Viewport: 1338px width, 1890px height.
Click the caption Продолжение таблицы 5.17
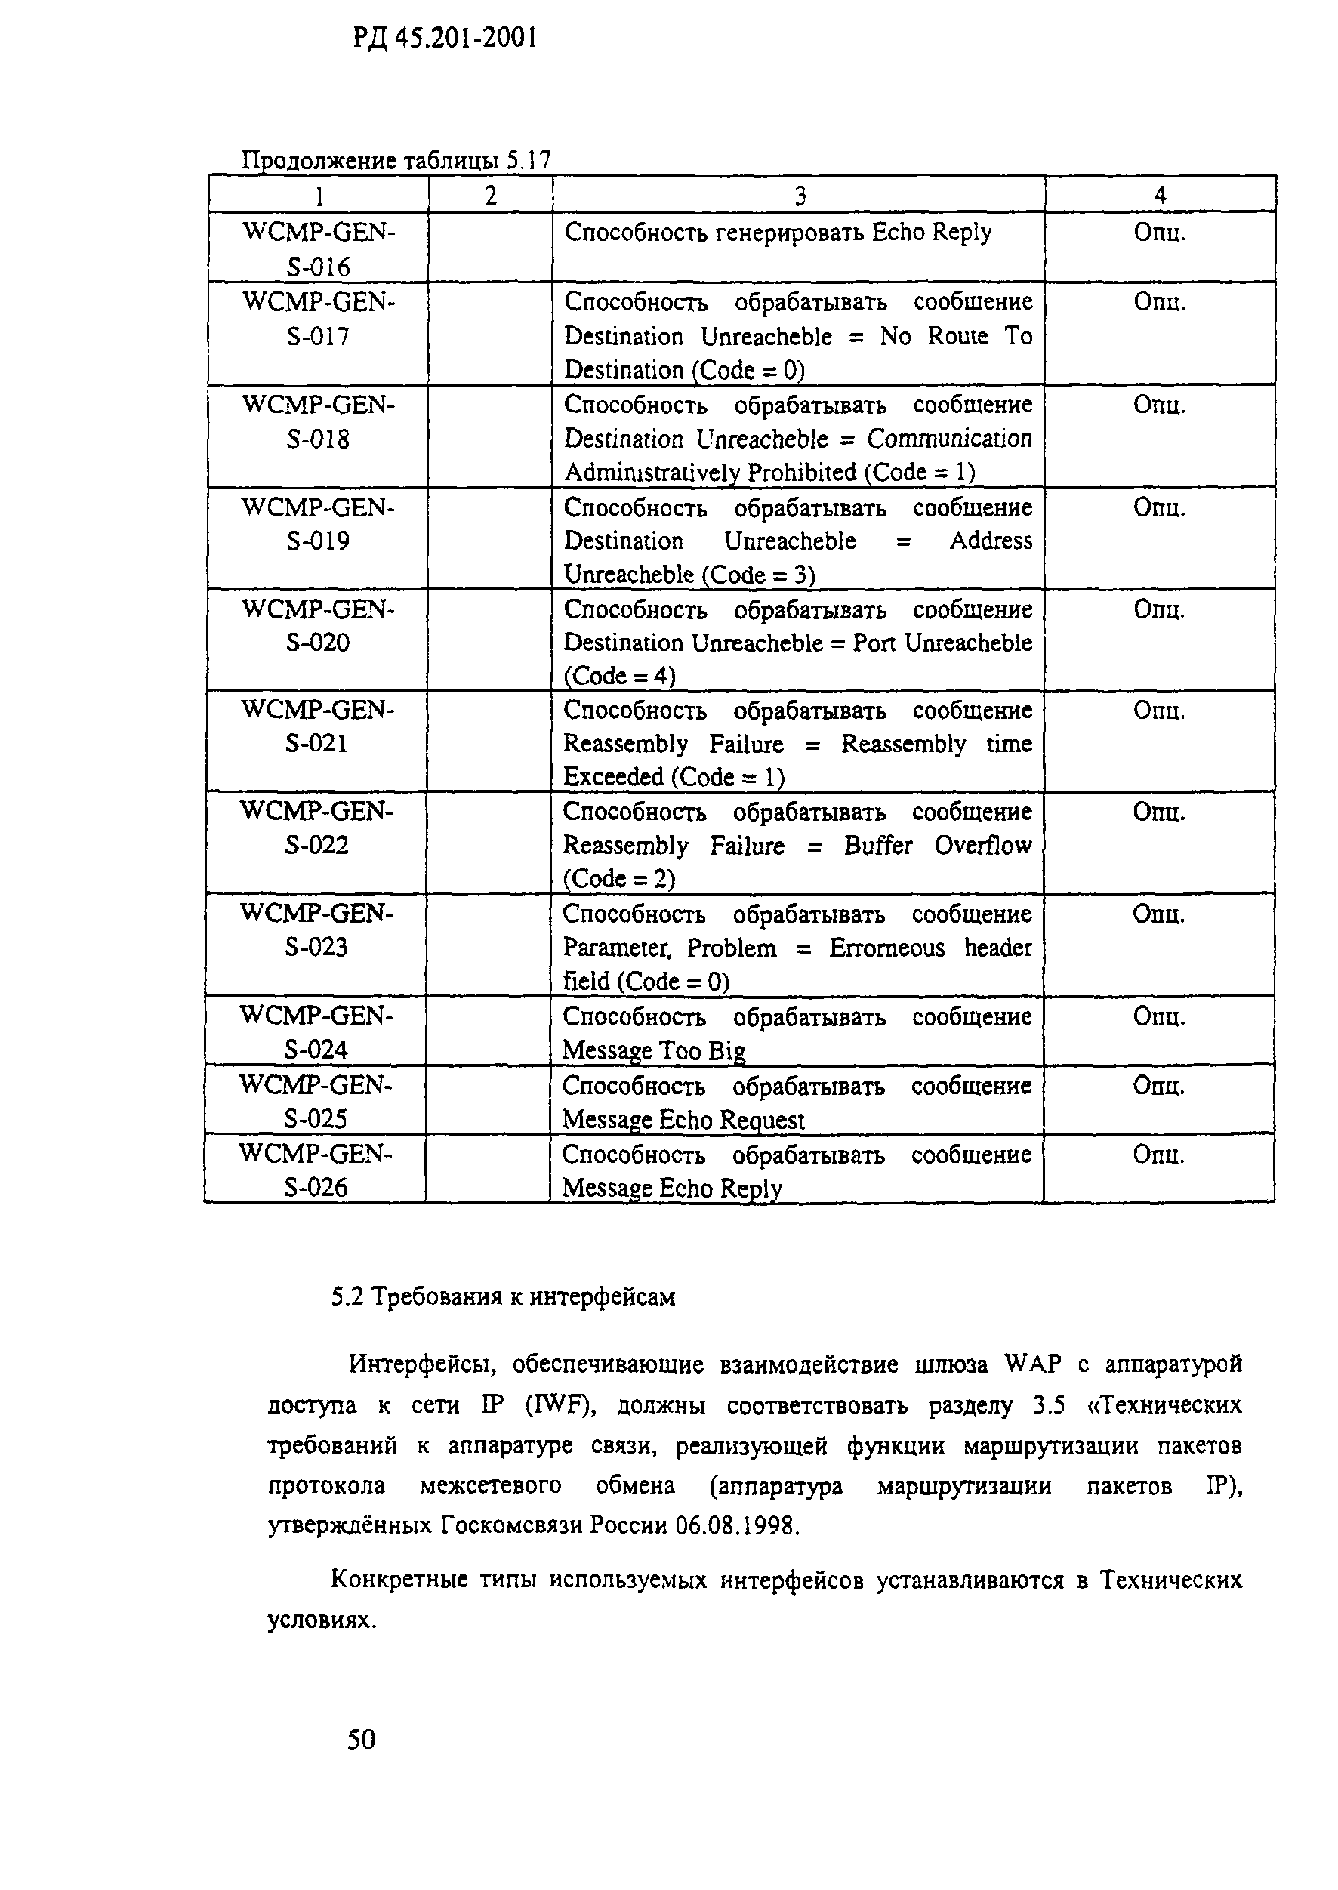pos(396,160)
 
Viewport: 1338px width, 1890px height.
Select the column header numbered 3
pos(799,196)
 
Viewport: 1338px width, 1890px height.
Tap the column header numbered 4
pos(1160,195)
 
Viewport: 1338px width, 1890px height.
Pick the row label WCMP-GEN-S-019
pos(318,524)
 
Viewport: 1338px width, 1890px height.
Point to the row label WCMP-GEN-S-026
pos(316,1170)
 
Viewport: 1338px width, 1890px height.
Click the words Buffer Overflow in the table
pos(938,845)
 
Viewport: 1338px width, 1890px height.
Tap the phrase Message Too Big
pos(654,1050)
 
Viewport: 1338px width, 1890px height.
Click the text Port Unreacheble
pos(942,643)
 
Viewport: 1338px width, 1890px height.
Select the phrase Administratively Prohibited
pos(711,472)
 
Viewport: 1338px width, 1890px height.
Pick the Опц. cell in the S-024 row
pos(1158,1016)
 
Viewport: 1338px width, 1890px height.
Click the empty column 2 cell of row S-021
pos(489,742)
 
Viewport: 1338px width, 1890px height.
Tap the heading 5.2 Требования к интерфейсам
pos(503,1296)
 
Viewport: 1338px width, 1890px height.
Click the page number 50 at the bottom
pos(362,1738)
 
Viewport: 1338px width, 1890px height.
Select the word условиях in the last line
pos(319,1620)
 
